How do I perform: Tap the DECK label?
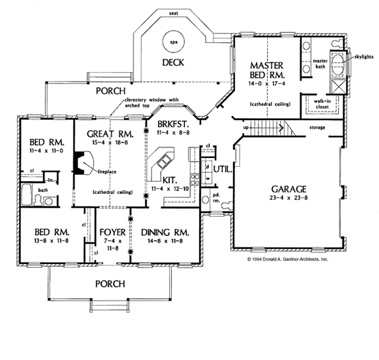(172, 62)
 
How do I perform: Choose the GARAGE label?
(289, 188)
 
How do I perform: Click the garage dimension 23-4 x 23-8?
(289, 198)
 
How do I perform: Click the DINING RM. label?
(167, 232)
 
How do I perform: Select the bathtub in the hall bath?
(28, 195)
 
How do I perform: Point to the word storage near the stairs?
(317, 128)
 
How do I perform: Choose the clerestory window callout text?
(152, 102)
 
